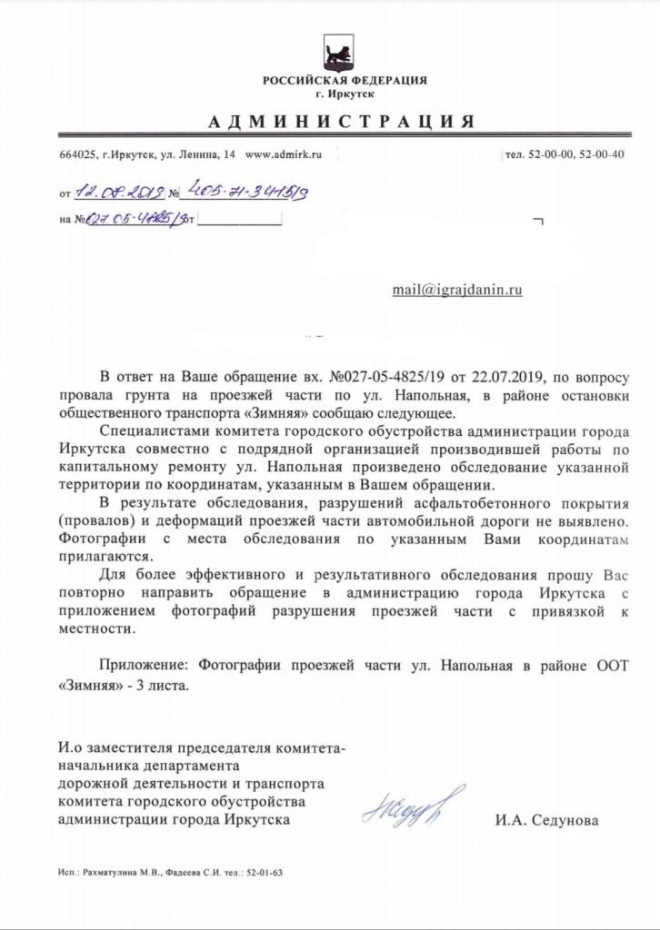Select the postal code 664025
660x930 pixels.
tap(77, 155)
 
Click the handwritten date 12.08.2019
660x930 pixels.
tap(118, 193)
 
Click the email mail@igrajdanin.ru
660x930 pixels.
tap(457, 290)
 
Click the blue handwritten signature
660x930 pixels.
tap(415, 805)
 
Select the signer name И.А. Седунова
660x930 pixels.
tap(547, 820)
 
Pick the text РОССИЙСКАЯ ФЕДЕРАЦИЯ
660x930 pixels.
tap(345, 81)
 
